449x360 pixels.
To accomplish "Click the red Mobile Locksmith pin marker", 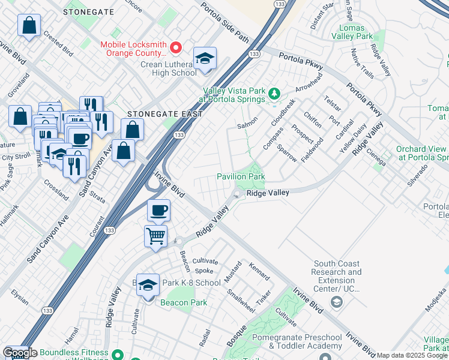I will [x=176, y=47].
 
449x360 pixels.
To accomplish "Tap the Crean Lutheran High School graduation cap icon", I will [x=205, y=58].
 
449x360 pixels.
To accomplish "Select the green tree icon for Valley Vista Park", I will [x=274, y=93].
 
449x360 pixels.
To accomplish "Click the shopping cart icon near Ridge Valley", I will [x=155, y=235].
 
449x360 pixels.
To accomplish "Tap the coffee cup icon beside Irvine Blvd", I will [x=158, y=210].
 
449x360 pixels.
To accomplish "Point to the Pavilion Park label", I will [x=241, y=177].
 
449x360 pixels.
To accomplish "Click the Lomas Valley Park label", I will [x=356, y=32].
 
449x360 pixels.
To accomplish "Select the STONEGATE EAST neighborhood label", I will [x=164, y=113].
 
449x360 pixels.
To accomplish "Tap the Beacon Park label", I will [x=184, y=302].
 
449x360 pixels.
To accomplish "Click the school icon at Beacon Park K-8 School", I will [x=148, y=286].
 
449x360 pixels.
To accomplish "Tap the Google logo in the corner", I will [x=19, y=353].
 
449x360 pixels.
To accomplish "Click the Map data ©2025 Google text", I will [x=412, y=355].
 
